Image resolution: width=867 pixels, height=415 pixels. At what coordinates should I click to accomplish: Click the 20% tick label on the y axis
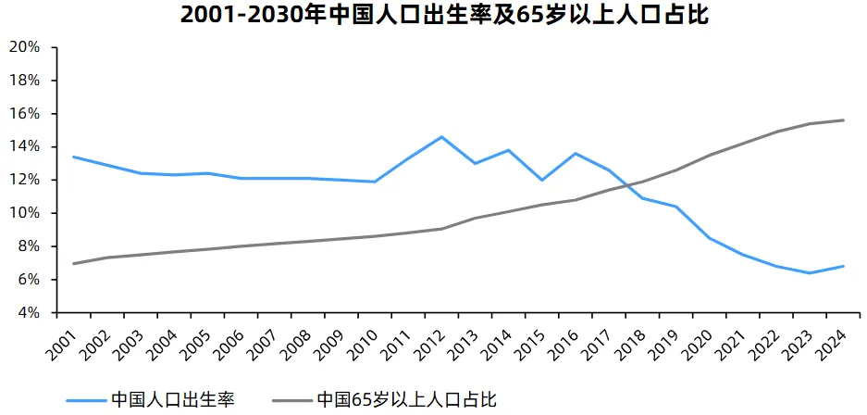(x=24, y=47)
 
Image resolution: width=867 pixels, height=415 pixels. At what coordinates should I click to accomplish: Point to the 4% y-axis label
(x=28, y=313)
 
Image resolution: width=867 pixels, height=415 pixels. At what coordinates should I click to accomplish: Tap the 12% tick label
(x=24, y=180)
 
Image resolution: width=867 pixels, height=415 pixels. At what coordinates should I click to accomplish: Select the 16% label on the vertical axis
(x=24, y=114)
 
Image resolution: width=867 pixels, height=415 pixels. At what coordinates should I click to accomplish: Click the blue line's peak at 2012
(x=441, y=137)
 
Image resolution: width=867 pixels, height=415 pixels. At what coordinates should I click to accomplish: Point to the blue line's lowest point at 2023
(x=810, y=273)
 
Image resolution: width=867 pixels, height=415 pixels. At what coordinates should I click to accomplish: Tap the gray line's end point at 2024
(x=843, y=120)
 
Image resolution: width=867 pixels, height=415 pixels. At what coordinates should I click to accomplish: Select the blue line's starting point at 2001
(x=73, y=157)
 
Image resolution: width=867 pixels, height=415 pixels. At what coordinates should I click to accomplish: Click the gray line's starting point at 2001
(x=73, y=264)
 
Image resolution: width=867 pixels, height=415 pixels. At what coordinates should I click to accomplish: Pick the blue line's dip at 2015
(x=541, y=180)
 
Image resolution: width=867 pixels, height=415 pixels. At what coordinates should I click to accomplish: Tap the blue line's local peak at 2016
(x=576, y=154)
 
